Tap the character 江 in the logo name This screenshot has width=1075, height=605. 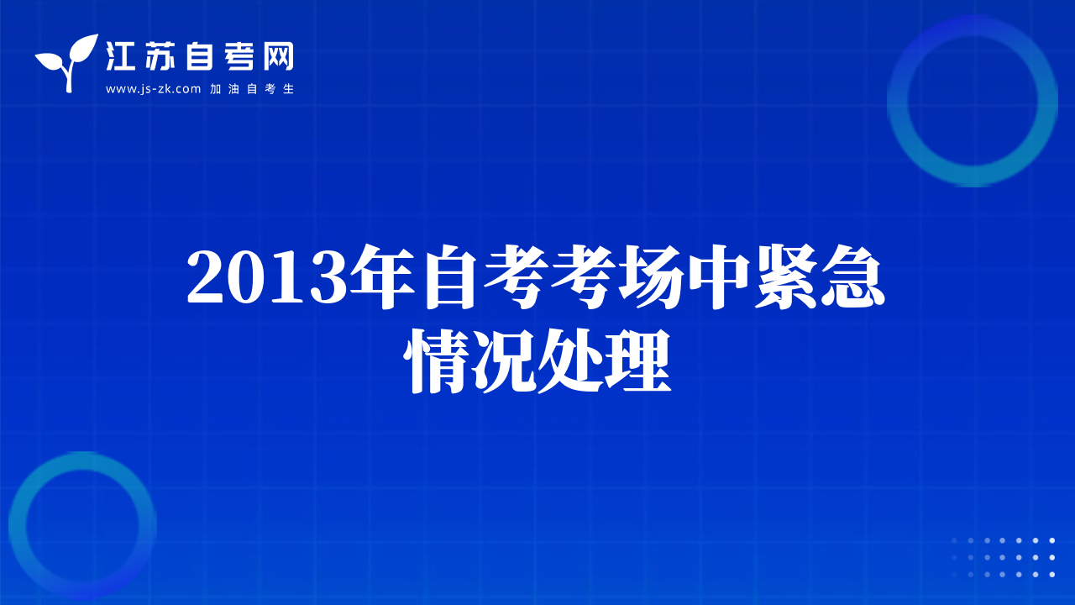pos(120,56)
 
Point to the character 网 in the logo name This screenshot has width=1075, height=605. pos(278,56)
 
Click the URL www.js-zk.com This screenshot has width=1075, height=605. pos(153,89)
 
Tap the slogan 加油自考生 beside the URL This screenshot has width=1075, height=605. pos(252,89)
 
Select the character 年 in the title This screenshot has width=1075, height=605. pos(382,277)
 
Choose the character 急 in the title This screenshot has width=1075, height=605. pos(852,277)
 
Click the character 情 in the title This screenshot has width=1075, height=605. pos(436,361)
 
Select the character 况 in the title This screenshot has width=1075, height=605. pos(503,361)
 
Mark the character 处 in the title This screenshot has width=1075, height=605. pos(570,361)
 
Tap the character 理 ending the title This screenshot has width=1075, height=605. pos(637,361)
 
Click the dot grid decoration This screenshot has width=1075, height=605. pos(1003,557)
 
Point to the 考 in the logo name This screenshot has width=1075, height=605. pos(239,56)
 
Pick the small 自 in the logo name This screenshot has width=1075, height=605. pos(199,56)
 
